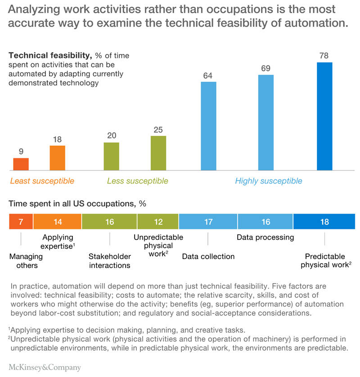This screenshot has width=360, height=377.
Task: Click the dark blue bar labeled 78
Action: (324, 116)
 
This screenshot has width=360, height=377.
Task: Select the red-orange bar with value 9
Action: (21, 164)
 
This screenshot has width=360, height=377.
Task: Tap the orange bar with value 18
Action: (57, 158)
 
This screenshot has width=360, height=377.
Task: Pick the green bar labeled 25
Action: (158, 153)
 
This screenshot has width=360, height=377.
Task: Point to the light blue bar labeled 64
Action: (208, 126)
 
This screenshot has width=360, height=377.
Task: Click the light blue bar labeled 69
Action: (266, 122)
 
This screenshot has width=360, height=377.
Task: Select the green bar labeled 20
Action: (111, 156)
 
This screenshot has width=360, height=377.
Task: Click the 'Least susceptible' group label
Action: (42, 181)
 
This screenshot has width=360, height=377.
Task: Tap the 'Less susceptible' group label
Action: (137, 181)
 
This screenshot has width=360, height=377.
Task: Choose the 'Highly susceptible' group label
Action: (269, 181)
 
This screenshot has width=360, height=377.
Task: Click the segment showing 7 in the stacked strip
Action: (21, 222)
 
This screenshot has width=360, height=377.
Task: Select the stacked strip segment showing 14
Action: (57, 222)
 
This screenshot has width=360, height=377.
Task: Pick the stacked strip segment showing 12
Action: (158, 222)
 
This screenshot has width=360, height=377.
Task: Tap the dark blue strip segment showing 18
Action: (324, 222)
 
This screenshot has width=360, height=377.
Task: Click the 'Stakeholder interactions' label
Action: (109, 261)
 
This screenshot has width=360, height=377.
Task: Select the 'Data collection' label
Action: (208, 256)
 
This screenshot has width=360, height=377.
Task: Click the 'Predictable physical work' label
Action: (325, 261)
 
